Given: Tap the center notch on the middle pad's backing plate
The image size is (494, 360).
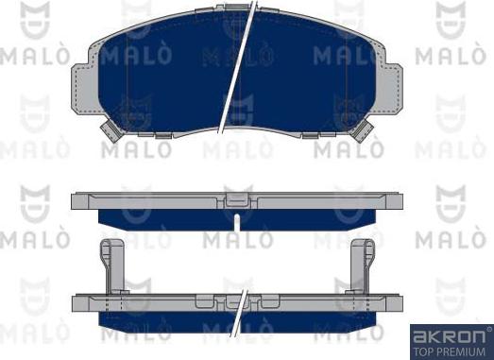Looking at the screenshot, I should point(235,200).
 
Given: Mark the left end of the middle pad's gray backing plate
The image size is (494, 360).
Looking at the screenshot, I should point(81,201).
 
